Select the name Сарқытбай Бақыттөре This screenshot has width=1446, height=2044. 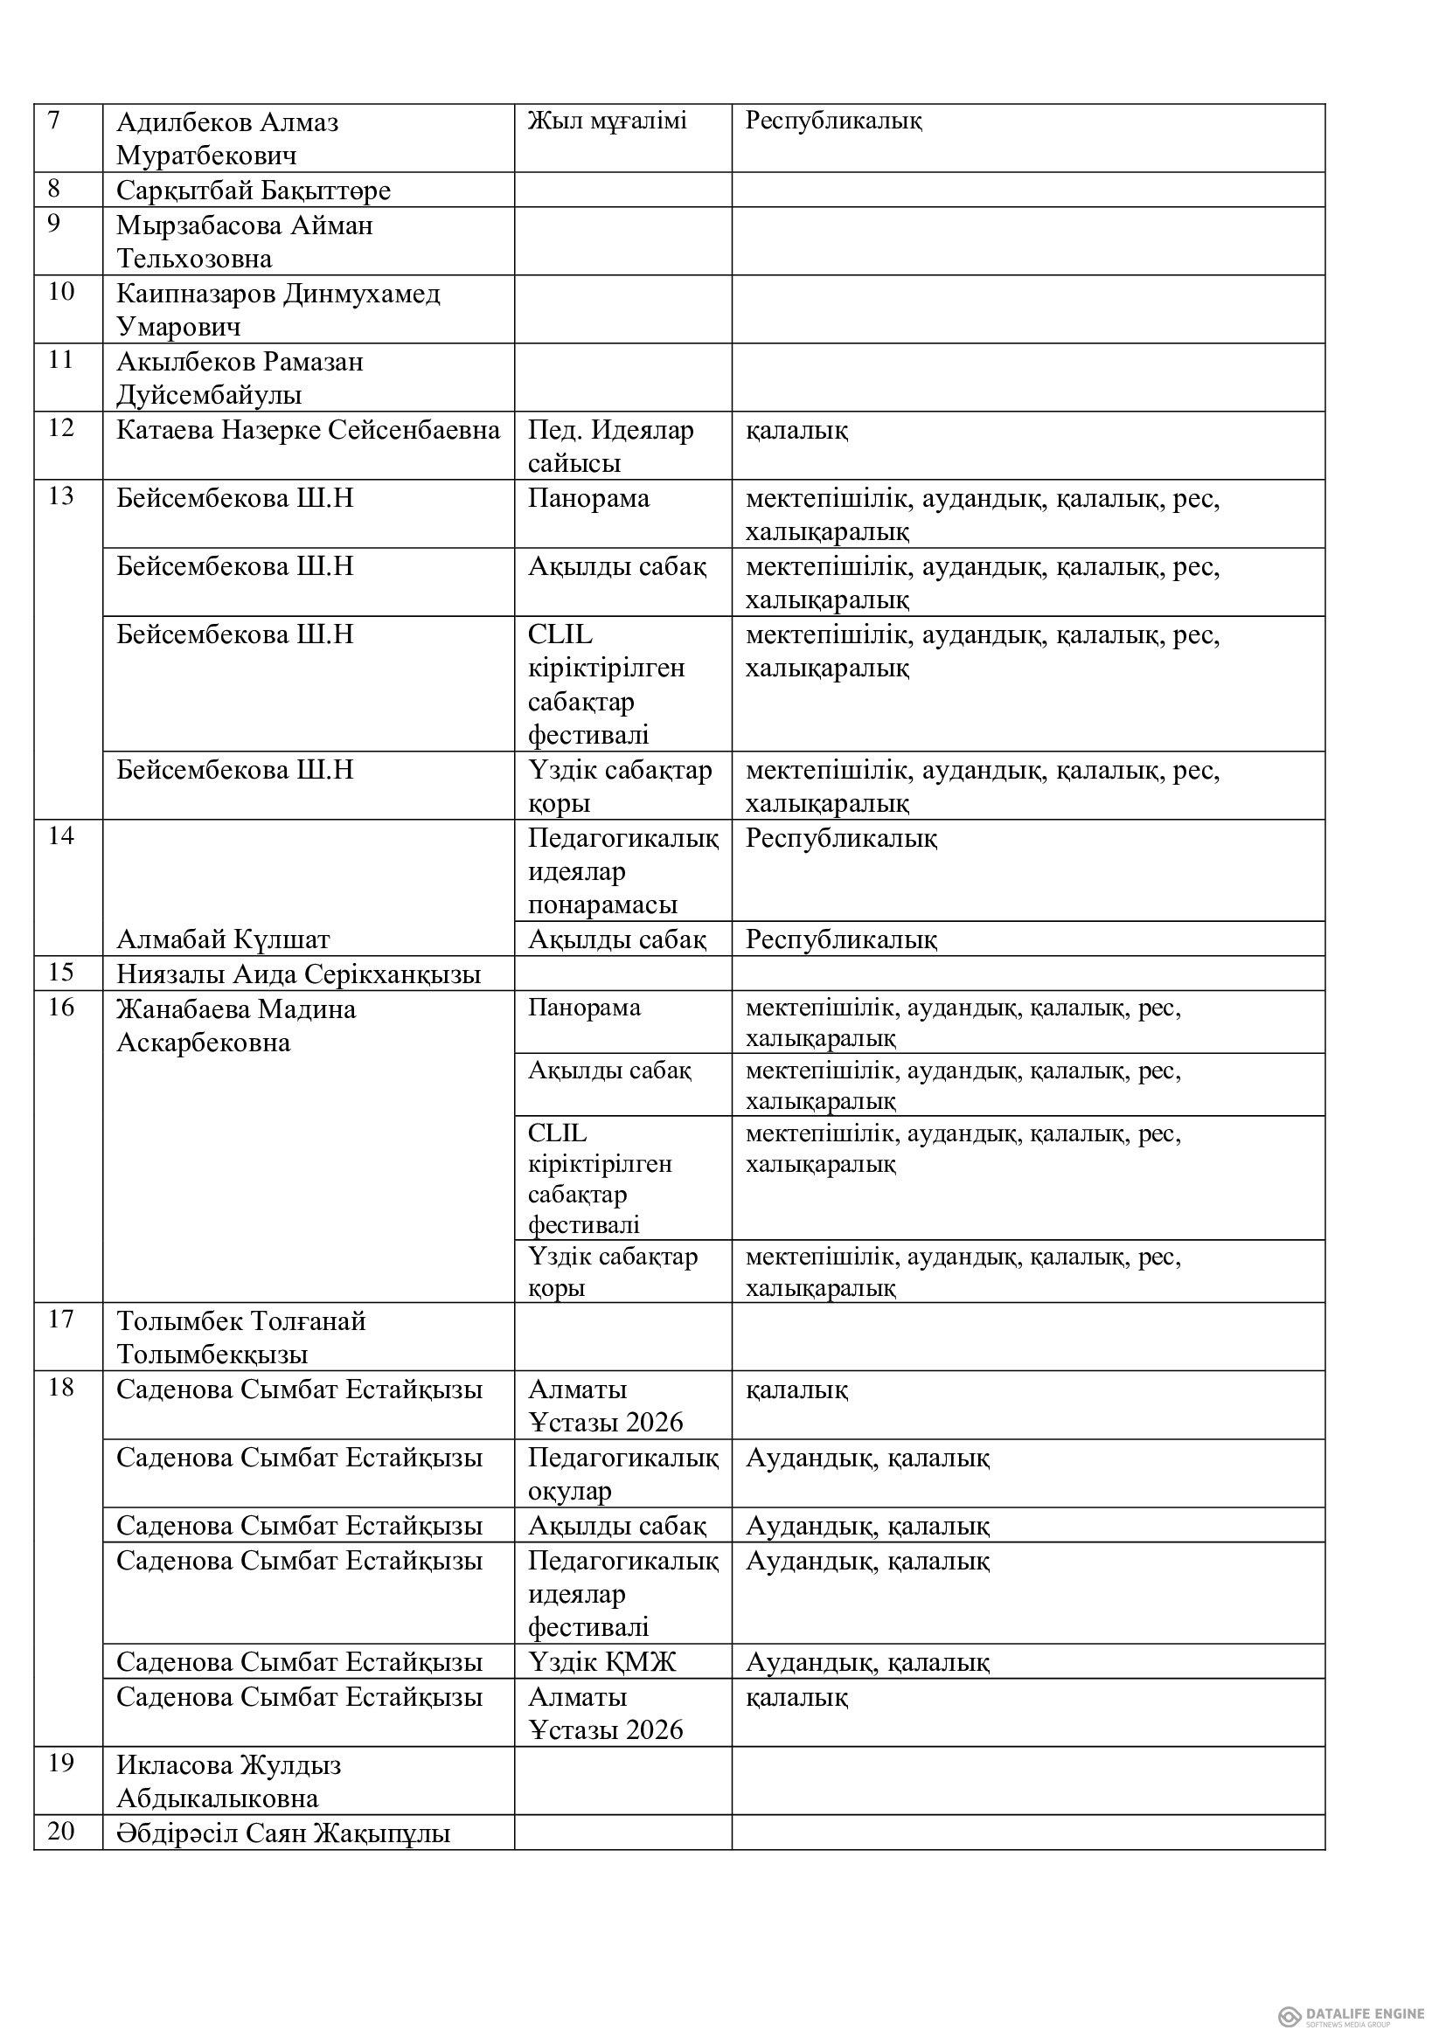tap(254, 191)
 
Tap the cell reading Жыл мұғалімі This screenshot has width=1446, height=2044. tap(608, 121)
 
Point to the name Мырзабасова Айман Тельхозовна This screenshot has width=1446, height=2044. tap(244, 242)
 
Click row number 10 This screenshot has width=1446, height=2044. tap(60, 293)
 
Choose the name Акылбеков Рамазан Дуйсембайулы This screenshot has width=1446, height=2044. tap(240, 378)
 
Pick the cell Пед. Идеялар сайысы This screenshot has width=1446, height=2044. tap(610, 446)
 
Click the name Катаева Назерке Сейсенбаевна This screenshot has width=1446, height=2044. tap(308, 431)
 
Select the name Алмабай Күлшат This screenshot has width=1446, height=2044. tap(224, 939)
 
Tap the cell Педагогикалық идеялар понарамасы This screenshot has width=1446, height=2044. tap(622, 870)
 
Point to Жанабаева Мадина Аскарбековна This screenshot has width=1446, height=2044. tap(236, 1026)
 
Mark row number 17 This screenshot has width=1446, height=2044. tap(60, 1320)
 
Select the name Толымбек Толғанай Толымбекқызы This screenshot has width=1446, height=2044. tap(241, 1337)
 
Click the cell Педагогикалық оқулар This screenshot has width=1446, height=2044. tap(622, 1473)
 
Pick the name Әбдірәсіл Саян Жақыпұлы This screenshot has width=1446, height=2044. tap(283, 1834)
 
